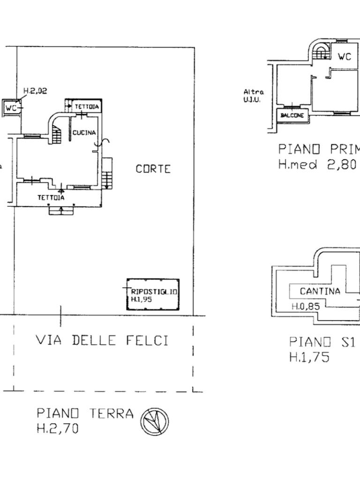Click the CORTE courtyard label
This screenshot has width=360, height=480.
coord(153,169)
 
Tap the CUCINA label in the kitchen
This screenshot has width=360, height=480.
coord(84,133)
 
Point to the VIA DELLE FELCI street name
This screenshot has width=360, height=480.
coord(102,340)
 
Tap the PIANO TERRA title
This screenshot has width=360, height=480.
coord(85,413)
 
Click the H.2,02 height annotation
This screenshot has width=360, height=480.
coord(35,91)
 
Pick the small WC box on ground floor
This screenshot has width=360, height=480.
coord(11,108)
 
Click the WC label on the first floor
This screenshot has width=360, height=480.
coord(345,57)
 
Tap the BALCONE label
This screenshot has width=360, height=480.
coord(292,115)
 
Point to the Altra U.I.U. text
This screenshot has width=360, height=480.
coord(254,96)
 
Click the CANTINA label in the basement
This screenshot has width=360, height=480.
coord(320,291)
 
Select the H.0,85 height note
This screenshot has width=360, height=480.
coord(305,307)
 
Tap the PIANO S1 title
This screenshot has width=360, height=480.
coord(322,342)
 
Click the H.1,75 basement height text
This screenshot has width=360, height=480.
coord(309,357)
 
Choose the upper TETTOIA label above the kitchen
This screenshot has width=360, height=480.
coord(87,107)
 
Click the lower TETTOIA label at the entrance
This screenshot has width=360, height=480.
coord(51,197)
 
